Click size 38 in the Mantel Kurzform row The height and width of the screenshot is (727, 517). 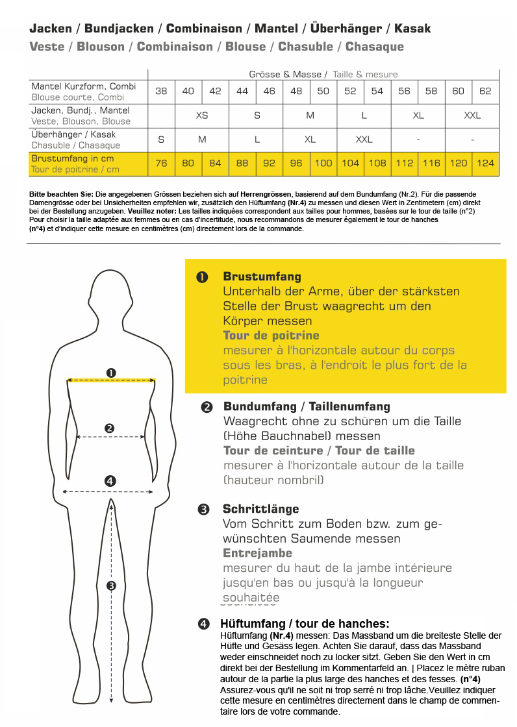[161, 92]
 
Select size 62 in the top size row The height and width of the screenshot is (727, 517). [485, 92]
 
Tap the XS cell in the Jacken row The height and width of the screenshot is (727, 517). [202, 116]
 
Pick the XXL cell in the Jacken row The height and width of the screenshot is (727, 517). [472, 116]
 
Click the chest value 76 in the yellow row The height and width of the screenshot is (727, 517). [161, 164]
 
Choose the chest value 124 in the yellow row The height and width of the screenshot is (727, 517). [485, 164]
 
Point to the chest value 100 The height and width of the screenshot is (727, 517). [323, 164]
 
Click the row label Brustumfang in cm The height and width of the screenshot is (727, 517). [72, 158]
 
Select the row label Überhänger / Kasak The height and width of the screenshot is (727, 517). [73, 134]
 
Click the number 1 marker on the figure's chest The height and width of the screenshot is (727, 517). [111, 373]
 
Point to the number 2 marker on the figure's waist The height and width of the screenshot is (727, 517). [110, 428]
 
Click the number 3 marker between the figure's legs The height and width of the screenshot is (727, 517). [111, 585]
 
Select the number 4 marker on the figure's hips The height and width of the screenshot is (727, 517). [110, 481]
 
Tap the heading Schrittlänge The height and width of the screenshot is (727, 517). [260, 509]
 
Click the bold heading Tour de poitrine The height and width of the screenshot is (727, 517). [271, 336]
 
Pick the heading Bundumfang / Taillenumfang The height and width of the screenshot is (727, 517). [307, 406]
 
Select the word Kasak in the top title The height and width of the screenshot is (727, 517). [411, 29]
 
